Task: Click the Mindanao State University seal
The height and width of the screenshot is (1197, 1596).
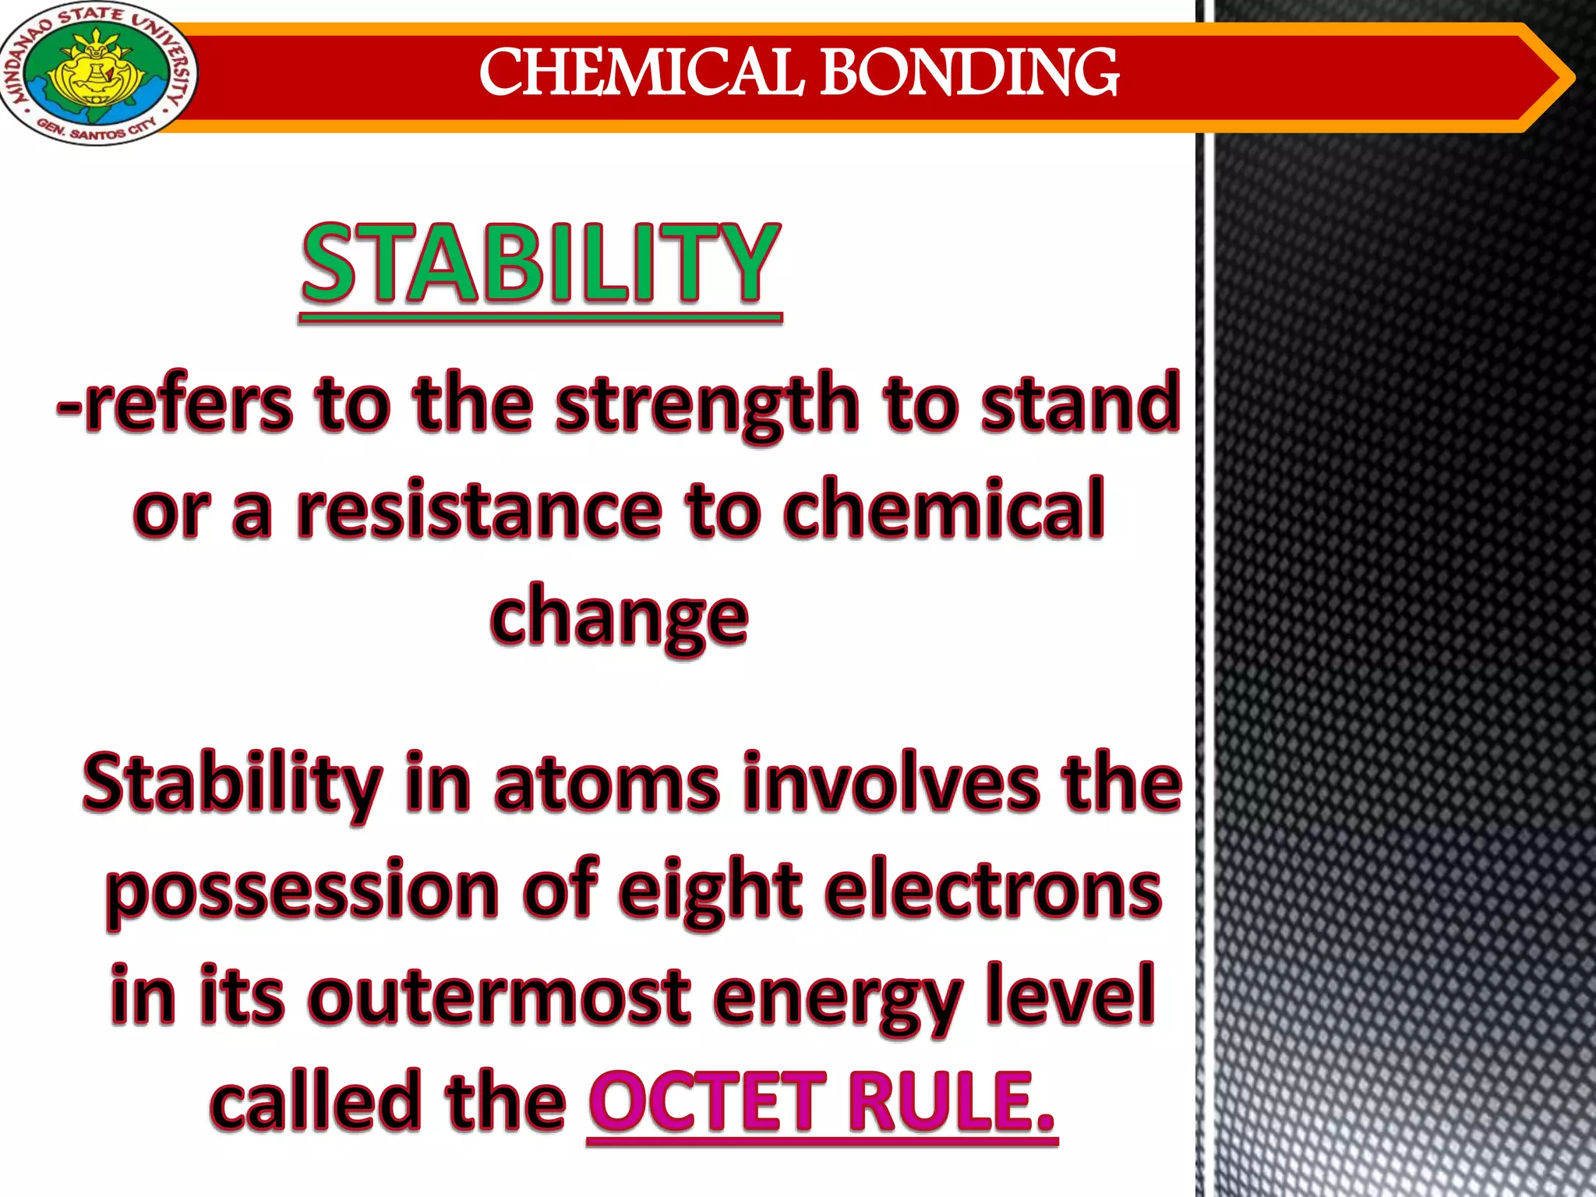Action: [x=97, y=74]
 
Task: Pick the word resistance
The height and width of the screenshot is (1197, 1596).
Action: [x=478, y=510]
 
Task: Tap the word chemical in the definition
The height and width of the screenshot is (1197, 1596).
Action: [x=944, y=510]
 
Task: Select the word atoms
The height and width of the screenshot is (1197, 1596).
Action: [x=606, y=783]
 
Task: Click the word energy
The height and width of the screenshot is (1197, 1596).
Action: [x=837, y=997]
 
